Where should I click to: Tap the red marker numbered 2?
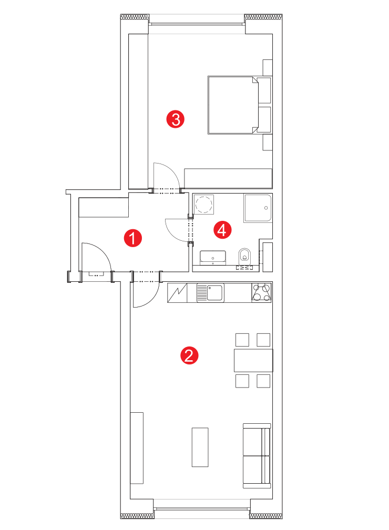pos(189,355)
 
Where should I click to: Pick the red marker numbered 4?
pos(222,230)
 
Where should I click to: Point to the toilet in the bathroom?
pos(244,257)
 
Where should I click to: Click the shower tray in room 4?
pos(258,208)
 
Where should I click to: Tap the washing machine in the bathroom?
pos(204,205)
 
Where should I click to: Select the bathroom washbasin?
pos(213,258)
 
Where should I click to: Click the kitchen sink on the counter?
pos(211,293)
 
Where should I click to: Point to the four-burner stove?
pos(262,292)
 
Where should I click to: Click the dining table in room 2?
pos(253,361)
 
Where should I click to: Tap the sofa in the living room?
pos(257,456)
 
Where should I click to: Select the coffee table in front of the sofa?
pos(200,447)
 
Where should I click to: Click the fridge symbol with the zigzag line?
pos(177,293)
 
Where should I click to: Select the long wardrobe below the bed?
pos(228,178)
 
